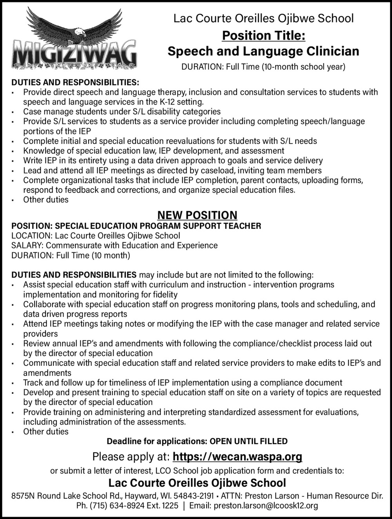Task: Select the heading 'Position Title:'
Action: coord(263,36)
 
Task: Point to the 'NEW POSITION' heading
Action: coord(197,215)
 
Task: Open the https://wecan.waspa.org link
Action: coord(237,457)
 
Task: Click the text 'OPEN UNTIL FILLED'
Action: coord(249,441)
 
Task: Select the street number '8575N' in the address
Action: coord(22,496)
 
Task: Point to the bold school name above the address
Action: coord(197,483)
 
